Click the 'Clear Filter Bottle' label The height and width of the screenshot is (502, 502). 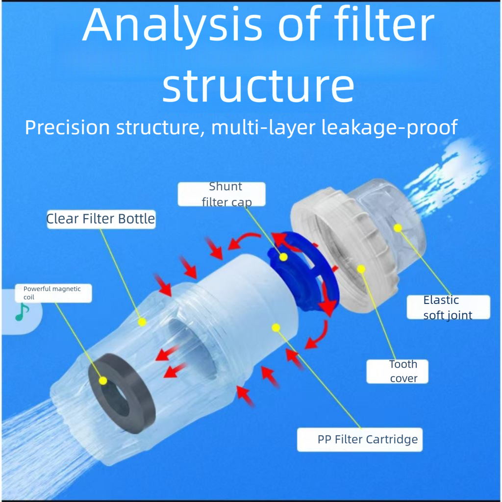pyautogui.click(x=101, y=219)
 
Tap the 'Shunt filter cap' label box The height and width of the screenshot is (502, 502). pyautogui.click(x=222, y=194)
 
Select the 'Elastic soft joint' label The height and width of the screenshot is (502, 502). pyautogui.click(x=448, y=307)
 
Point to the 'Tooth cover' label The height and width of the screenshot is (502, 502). pyautogui.click(x=397, y=372)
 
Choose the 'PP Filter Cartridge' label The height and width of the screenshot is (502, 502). pyautogui.click(x=360, y=440)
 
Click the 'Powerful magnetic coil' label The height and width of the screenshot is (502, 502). pyautogui.click(x=53, y=293)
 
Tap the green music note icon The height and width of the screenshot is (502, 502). pyautogui.click(x=22, y=312)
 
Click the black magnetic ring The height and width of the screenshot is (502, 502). pyautogui.click(x=122, y=393)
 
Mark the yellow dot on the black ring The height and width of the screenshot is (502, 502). pyautogui.click(x=103, y=380)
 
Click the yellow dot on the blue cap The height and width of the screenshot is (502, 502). pyautogui.click(x=283, y=257)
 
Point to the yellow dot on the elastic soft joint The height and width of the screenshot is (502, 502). pyautogui.click(x=398, y=228)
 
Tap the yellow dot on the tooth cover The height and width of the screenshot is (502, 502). pyautogui.click(x=361, y=269)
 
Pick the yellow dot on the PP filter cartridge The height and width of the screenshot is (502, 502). pyautogui.click(x=276, y=327)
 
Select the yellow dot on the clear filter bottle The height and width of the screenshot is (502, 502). pyautogui.click(x=142, y=322)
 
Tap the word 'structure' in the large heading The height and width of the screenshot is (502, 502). pyautogui.click(x=258, y=85)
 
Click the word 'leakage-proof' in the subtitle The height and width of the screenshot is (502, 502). pyautogui.click(x=389, y=127)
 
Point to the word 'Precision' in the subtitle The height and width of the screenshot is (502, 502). pyautogui.click(x=68, y=127)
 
